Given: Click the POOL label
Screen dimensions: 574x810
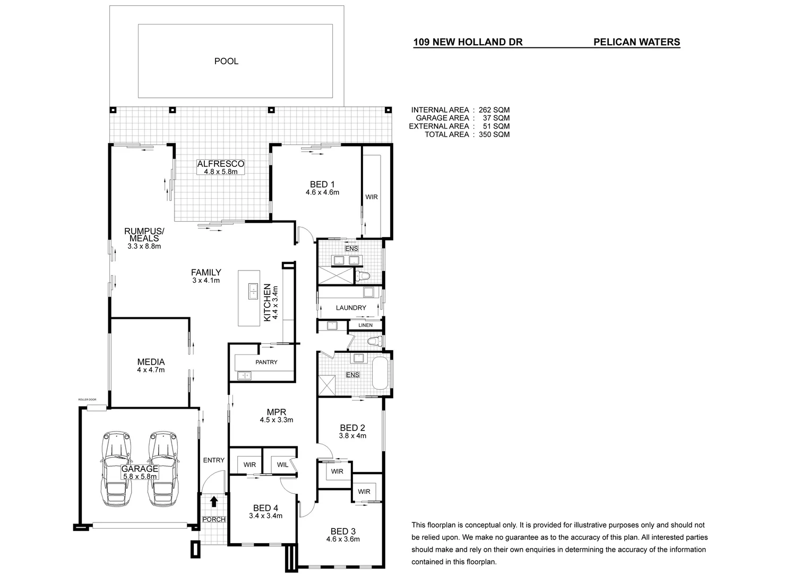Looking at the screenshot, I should pos(226,61).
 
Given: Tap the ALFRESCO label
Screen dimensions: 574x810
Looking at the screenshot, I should pos(220,164).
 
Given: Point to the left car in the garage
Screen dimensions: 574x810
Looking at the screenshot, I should pos(118,469).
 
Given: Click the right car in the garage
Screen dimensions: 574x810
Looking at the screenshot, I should pos(162,469).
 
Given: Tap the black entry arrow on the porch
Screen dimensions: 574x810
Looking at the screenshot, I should pos(213,501).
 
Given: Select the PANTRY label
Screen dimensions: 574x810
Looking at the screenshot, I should pos(266,362).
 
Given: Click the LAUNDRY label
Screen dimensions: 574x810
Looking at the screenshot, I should pos(351,308).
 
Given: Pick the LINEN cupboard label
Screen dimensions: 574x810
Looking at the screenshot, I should pos(365,325).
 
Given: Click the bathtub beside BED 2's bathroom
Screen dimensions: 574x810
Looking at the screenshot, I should pos(380,374).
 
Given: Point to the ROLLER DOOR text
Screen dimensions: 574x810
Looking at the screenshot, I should pos(87,399).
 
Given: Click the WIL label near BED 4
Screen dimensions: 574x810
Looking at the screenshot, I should pos(282,465).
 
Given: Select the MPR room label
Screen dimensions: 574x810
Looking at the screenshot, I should pos(277,412).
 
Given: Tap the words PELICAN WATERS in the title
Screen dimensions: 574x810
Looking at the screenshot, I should pos(636,43).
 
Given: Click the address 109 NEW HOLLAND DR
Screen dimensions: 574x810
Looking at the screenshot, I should pos(468,43).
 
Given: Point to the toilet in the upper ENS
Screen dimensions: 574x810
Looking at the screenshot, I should pos(364,276).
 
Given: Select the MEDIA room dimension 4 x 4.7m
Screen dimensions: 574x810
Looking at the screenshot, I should pos(151,370).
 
